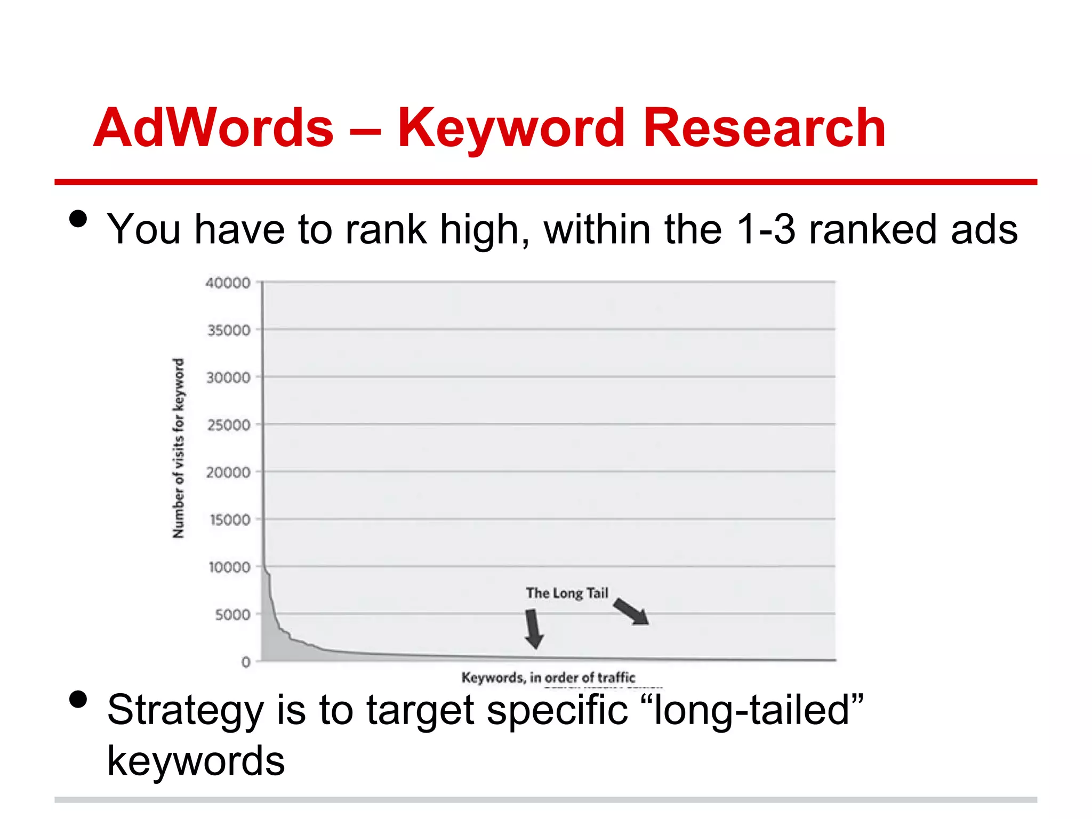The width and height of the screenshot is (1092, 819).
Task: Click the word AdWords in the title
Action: pos(213,128)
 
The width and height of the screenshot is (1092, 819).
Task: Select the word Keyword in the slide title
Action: pos(511,128)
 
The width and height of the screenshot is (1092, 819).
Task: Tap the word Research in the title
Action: pos(764,128)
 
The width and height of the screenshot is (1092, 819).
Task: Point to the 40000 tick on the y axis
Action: pos(228,283)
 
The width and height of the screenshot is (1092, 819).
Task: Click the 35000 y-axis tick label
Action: pos(229,330)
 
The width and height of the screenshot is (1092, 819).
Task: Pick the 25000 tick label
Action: pos(229,425)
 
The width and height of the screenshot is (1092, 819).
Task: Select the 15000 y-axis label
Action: pos(230,519)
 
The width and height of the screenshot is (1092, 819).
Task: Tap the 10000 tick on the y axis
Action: pos(229,567)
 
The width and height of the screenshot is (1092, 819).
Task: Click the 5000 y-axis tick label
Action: pos(232,614)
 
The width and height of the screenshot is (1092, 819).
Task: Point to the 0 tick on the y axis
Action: pos(246,662)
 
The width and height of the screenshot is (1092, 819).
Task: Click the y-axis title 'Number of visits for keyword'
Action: pos(179,448)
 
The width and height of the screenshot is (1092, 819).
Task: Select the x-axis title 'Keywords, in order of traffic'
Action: pos(548,677)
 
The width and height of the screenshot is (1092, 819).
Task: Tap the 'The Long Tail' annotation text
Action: pos(567,593)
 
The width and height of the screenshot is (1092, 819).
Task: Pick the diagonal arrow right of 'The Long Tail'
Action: pos(631,611)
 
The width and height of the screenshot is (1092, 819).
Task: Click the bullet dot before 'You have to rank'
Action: pos(78,219)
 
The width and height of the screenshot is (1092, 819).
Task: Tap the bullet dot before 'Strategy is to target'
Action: pos(78,699)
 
